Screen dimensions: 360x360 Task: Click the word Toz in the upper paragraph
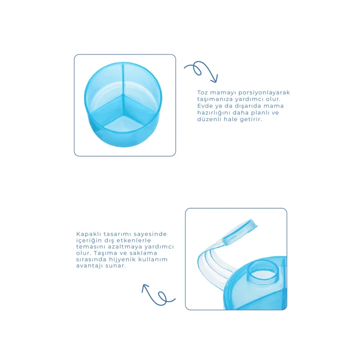(x=202, y=92)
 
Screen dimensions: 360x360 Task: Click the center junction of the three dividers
(x=123, y=95)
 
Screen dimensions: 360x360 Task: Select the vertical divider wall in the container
(x=123, y=79)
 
